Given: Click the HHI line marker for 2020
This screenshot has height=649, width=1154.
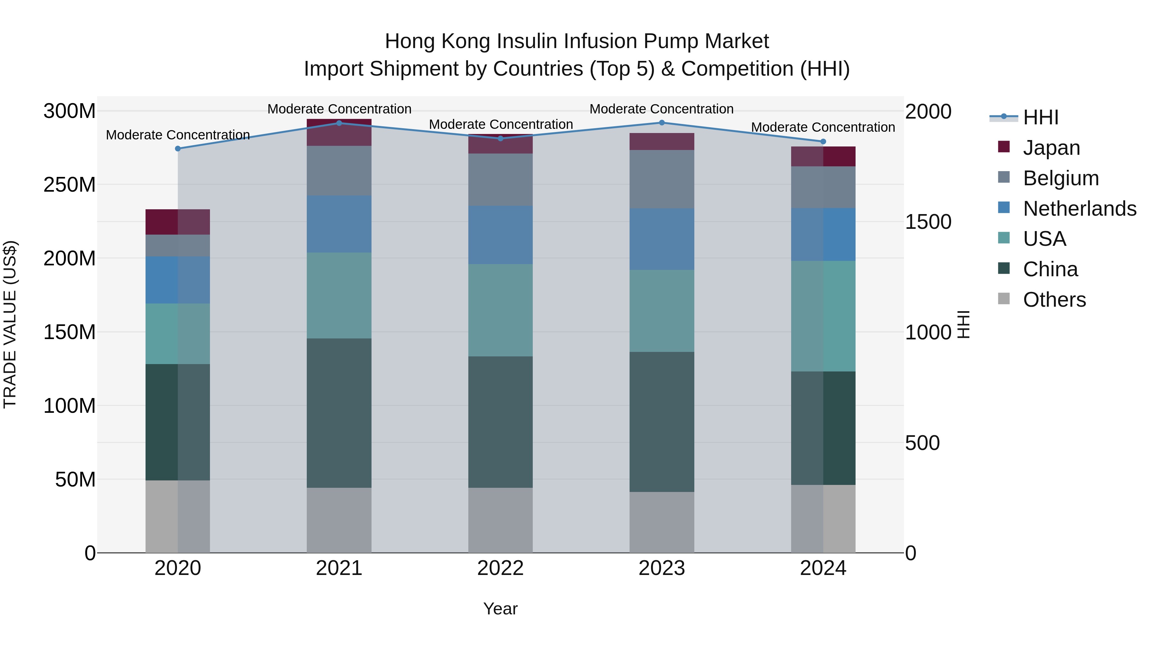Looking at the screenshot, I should click(178, 149).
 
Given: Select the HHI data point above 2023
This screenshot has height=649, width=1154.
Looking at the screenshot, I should click(662, 123).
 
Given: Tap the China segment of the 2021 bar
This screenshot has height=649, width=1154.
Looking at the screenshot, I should click(339, 413).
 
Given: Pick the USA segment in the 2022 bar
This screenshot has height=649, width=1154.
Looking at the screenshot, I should click(500, 310).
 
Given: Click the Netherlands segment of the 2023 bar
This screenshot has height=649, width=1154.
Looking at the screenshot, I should click(662, 239).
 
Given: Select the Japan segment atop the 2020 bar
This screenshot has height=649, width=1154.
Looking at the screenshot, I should click(178, 222).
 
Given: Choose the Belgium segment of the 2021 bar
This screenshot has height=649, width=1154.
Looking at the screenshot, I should click(339, 171).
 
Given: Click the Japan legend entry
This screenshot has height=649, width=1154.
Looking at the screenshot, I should click(1051, 148).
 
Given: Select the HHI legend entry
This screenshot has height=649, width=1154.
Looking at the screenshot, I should click(1041, 117).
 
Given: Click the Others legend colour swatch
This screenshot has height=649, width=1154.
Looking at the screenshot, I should click(1004, 299).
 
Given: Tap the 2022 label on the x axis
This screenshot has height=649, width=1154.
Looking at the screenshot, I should click(500, 568).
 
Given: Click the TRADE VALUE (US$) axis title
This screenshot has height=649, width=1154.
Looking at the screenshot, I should click(10, 324).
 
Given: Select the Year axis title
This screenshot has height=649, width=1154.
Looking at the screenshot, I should click(500, 609).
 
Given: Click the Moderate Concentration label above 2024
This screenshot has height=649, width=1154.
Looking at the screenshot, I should click(823, 127).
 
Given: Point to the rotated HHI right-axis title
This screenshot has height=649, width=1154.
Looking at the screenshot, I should click(963, 324).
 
